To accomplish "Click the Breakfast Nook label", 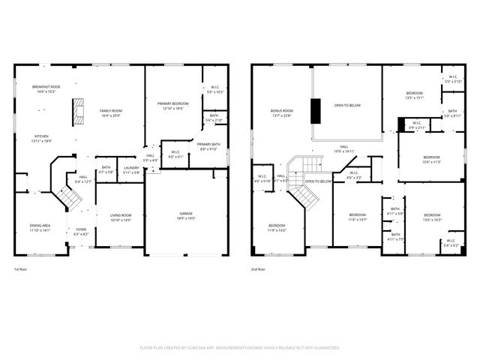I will coord(46,89).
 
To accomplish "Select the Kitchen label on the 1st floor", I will coord(41,139).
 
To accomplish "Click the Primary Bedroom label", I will coord(173,105).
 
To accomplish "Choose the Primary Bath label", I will coord(208,146).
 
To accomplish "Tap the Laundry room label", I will coord(131,169).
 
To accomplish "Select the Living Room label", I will coord(121,217).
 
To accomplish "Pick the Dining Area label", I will coord(40,227).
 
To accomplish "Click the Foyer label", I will coord(81,232).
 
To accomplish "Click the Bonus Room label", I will coord(282,112).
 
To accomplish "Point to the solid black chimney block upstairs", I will coord(316,109).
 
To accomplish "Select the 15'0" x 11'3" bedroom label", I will coord(431,160).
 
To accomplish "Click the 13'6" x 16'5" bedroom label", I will coord(433,217).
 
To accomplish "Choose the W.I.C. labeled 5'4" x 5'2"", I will coord(451,244).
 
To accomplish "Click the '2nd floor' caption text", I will coord(258,268).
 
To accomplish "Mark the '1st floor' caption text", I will coord(21,268).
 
